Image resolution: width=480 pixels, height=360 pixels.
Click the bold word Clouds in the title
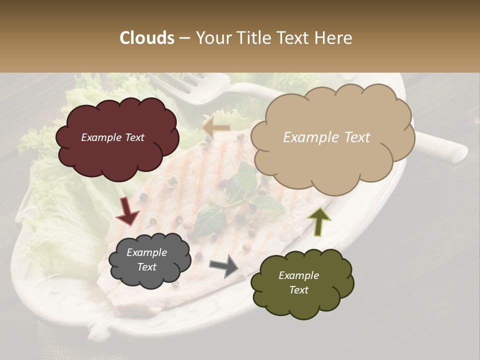[x=147, y=38]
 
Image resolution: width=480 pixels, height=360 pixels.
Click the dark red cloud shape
[x=117, y=139]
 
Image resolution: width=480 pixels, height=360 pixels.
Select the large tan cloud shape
[x=332, y=137]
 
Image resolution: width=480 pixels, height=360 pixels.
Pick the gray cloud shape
[x=149, y=260]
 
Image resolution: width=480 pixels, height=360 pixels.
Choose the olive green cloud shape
[x=301, y=282]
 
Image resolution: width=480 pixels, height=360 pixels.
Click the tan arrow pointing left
[x=216, y=127]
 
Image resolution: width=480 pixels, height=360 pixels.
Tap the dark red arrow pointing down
[x=127, y=211]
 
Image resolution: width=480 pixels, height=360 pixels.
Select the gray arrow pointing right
[x=224, y=266]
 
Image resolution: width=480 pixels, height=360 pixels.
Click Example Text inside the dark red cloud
[x=112, y=137]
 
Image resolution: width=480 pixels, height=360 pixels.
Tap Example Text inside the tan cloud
[x=326, y=137]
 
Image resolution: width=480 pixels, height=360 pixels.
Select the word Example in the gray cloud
[x=146, y=252]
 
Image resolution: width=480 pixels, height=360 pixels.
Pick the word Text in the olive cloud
[x=298, y=290]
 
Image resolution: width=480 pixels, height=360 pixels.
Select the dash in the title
[x=184, y=38]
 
